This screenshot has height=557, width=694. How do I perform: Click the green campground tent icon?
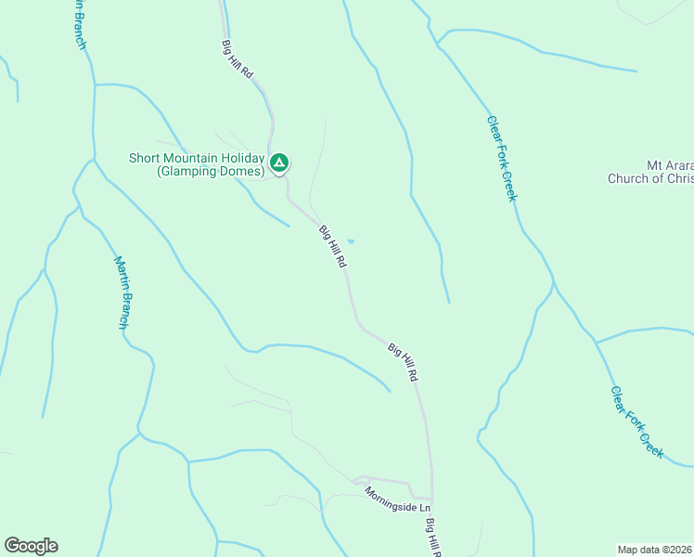[279, 164]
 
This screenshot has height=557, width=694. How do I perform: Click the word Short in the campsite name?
[146, 157]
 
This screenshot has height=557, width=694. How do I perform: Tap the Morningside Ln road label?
[397, 499]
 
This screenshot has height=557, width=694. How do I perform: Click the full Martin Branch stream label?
[122, 291]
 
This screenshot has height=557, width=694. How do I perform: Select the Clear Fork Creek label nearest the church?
[501, 158]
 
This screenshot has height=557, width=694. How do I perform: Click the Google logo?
[31, 546]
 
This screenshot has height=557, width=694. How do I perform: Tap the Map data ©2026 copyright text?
[655, 549]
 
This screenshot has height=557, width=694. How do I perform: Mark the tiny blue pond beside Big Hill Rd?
[351, 242]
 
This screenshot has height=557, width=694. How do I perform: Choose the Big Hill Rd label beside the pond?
[332, 247]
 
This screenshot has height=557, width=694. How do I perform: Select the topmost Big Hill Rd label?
[237, 63]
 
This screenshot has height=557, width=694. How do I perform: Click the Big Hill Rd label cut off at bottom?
[433, 538]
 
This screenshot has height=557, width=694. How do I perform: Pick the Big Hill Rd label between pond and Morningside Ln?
[404, 363]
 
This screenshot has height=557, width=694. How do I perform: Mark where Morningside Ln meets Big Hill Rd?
[432, 499]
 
